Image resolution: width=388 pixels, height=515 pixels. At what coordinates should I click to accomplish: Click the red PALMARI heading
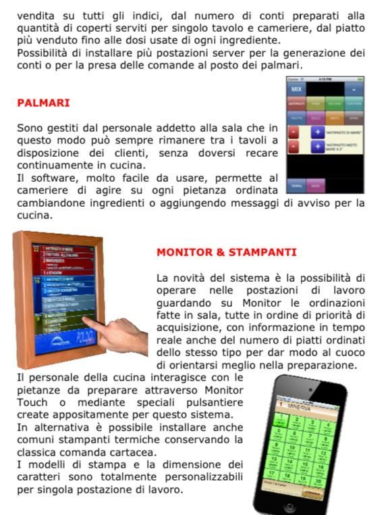(43, 103)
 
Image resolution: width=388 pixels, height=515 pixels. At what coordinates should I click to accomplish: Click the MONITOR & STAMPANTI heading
(226, 252)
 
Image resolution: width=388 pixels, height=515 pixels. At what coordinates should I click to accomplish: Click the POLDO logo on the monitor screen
(86, 336)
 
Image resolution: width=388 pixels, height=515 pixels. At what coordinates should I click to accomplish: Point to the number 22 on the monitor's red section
(36, 250)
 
